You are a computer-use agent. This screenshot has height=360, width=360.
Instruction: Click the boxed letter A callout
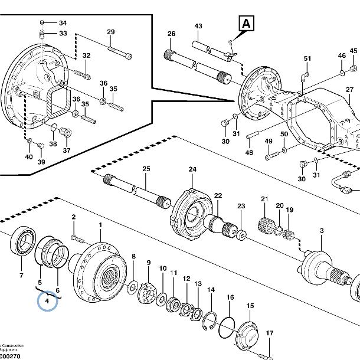click(x=246, y=24)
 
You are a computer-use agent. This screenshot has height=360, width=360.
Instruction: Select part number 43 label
click(x=198, y=27)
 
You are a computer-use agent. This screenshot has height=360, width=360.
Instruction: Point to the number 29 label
click(x=110, y=32)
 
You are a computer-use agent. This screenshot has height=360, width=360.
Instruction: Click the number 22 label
click(x=218, y=195)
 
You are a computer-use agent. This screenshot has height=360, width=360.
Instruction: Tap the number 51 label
click(x=307, y=58)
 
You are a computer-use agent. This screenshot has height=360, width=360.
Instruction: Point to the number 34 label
click(x=63, y=23)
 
